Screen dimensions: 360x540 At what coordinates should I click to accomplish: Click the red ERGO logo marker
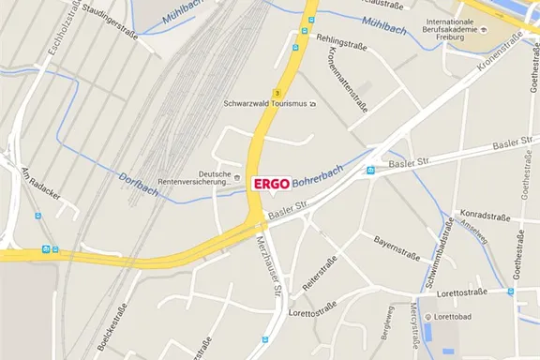click(272, 184)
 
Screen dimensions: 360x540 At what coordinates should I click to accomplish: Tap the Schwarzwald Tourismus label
click(264, 104)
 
